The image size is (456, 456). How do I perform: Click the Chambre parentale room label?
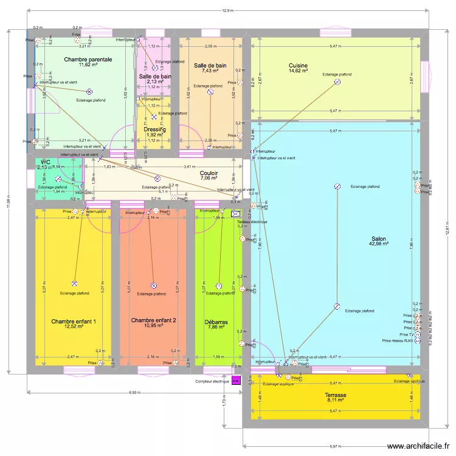[x=88, y=59]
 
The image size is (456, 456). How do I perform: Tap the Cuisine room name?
[x=298, y=66]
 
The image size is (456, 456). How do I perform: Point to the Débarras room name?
[x=216, y=322]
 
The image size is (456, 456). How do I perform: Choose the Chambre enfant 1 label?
[x=74, y=321]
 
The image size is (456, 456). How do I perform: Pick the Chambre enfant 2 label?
[x=153, y=320]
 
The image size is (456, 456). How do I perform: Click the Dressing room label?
[x=155, y=129]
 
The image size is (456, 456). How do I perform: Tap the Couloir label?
[x=209, y=173]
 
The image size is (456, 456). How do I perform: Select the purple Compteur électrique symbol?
[x=236, y=381]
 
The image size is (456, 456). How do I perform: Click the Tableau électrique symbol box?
[x=236, y=214]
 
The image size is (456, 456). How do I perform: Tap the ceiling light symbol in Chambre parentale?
[x=89, y=91]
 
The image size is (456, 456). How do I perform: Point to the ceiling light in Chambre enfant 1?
[x=74, y=284]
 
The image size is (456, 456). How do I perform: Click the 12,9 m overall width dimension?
[x=227, y=10]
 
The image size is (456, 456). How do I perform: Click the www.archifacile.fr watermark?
[x=420, y=446]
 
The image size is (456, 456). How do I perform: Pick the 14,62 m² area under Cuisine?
[x=298, y=72]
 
